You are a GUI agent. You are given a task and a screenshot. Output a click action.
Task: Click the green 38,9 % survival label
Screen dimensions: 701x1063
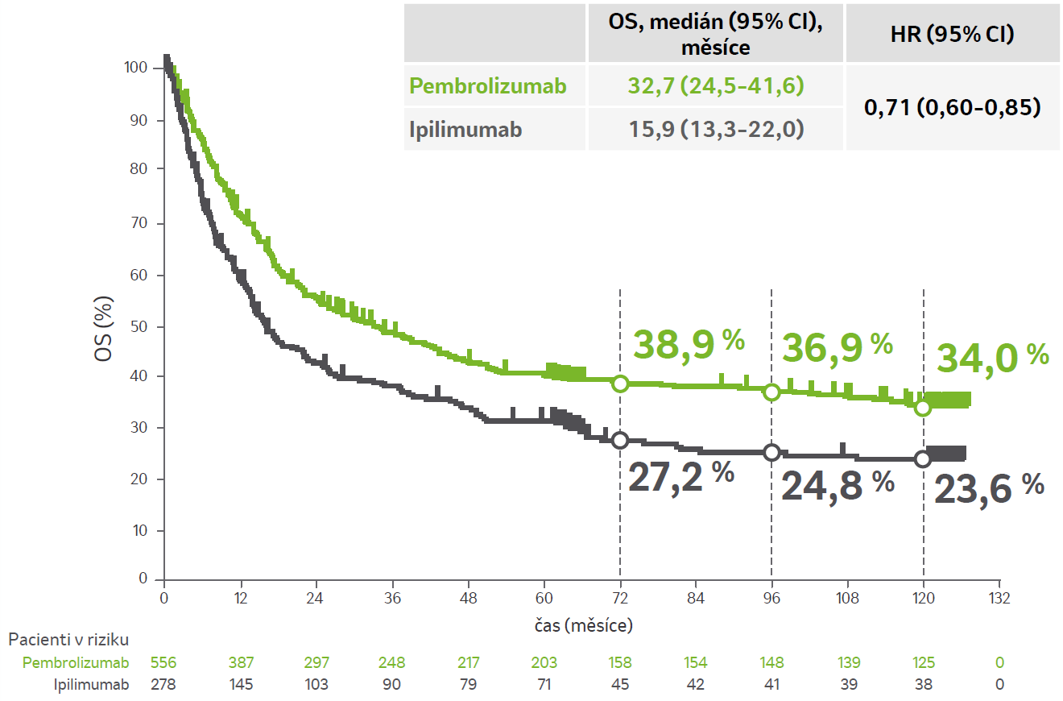[689, 344]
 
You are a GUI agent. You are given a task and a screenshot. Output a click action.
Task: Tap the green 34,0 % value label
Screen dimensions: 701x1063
[992, 356]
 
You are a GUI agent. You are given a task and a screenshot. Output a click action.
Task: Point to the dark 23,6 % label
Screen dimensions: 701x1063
[989, 488]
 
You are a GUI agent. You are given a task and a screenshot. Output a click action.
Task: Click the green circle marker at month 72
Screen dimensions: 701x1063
[620, 384]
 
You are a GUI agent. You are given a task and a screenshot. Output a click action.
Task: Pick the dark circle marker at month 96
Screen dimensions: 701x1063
[771, 453]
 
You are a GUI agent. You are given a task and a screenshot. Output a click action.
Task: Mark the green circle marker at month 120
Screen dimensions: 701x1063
[923, 408]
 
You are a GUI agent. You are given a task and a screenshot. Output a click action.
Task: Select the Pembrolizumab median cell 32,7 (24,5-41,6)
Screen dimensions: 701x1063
[715, 85]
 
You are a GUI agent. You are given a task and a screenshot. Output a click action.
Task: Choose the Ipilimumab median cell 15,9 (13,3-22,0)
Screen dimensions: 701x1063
[715, 129]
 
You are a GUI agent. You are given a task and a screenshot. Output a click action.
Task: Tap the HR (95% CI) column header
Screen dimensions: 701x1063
[953, 35]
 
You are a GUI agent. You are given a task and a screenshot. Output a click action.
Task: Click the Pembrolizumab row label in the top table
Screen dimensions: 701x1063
[487, 85]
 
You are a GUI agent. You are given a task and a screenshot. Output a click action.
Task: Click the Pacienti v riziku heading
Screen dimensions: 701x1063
[68, 640]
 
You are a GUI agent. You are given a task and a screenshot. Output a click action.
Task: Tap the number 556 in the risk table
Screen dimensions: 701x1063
[164, 663]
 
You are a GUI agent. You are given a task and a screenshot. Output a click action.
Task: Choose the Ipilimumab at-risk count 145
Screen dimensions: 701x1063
[241, 685]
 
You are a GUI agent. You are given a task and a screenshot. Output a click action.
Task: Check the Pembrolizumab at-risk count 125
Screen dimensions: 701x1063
[923, 663]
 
